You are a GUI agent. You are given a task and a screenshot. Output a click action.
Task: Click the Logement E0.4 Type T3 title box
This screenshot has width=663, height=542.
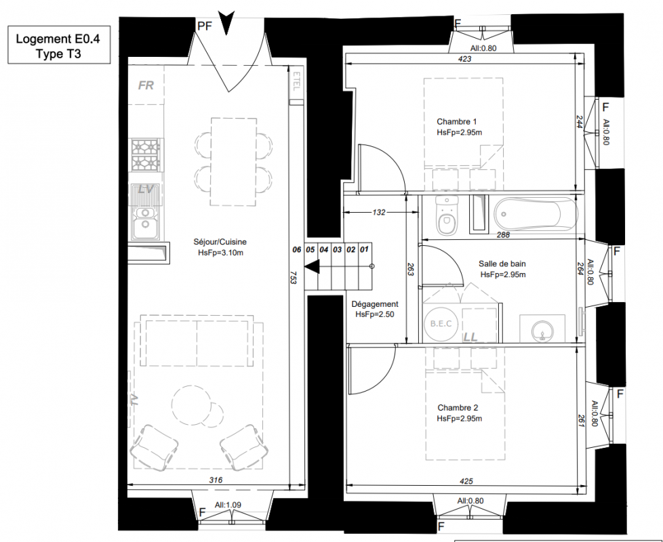point(59,45)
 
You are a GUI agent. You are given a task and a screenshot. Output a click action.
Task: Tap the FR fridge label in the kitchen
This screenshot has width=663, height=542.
point(146,85)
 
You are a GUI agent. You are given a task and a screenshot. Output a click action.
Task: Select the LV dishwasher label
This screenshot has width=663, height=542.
point(146,189)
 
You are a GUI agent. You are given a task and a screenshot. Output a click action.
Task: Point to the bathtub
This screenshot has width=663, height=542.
point(536,214)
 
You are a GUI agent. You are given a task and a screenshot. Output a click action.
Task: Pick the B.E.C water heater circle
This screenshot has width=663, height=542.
point(441,324)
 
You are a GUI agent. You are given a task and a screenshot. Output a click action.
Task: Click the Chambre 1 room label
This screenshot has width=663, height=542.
point(457,122)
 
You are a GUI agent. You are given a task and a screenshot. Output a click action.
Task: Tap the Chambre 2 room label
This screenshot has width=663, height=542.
point(458,408)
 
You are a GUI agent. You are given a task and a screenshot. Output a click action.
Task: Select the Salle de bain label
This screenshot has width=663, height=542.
point(502,264)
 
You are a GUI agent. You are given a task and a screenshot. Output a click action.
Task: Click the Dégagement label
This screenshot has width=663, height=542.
point(375,304)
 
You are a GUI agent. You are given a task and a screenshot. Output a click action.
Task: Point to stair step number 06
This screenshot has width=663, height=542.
point(297,250)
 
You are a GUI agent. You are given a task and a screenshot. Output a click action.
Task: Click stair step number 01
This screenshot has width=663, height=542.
point(364,250)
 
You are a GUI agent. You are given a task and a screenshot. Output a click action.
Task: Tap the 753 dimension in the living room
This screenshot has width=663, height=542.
point(294,277)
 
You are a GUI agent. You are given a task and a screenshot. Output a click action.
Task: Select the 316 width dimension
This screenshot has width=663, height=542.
point(216,480)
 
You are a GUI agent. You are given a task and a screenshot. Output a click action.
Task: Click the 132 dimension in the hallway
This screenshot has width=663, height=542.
point(379,212)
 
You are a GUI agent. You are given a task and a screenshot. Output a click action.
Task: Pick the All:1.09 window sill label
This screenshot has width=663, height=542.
point(228,505)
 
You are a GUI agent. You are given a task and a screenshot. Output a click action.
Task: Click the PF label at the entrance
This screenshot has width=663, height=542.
point(205,26)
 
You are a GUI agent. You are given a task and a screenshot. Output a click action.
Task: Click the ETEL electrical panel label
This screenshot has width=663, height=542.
point(296,81)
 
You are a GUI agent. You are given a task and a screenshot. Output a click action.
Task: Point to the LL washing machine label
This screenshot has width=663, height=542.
point(470,337)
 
